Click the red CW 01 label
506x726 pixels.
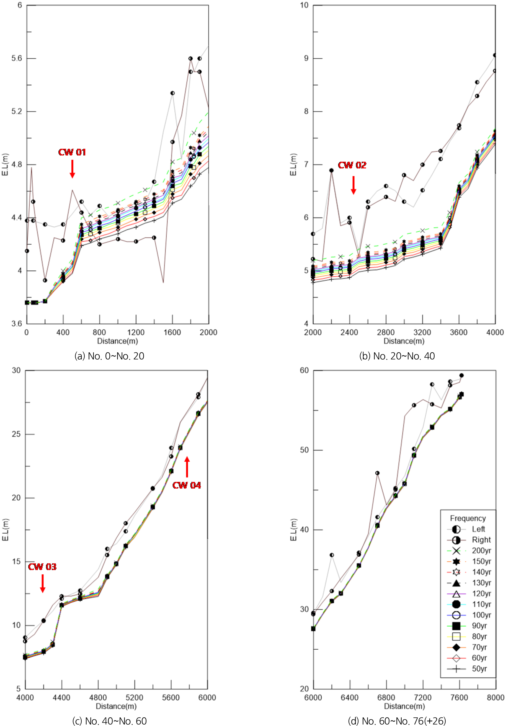[72, 152]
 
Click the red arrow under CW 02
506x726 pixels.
[353, 185]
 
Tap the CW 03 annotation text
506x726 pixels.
[42, 566]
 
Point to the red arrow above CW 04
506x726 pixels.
[187, 467]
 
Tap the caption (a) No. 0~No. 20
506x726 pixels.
[109, 356]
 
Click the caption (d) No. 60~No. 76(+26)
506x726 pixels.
[397, 721]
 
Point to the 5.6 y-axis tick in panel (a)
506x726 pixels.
[16, 58]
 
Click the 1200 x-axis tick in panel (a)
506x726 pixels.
[136, 332]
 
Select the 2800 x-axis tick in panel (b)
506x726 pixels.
[386, 332]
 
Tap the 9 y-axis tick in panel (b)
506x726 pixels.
[306, 58]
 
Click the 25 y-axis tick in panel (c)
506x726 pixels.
[16, 434]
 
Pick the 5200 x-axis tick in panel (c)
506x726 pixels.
[135, 697]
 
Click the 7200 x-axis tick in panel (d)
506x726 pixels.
[422, 697]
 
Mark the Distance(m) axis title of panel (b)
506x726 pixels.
[404, 341]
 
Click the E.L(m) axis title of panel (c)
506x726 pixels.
[5, 530]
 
